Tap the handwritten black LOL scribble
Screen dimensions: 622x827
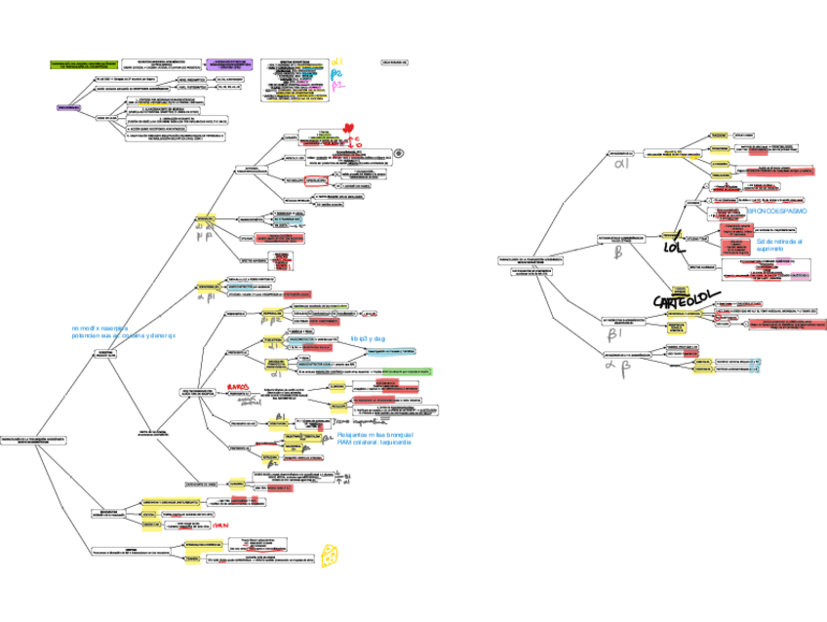tap(675, 246)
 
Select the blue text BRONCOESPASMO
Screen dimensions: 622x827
tap(777, 211)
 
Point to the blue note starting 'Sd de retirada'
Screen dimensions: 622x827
tap(779, 244)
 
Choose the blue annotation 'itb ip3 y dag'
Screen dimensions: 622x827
tap(368, 338)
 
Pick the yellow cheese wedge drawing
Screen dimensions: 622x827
tap(333, 553)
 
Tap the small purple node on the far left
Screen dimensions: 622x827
tap(68, 107)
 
